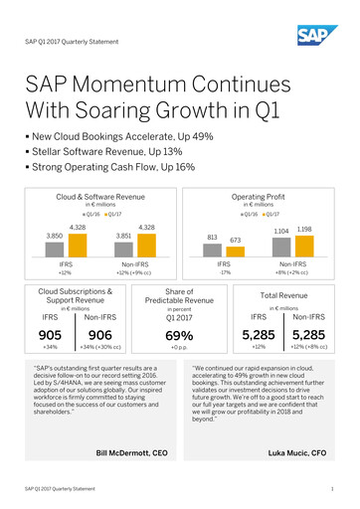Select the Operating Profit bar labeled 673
pos(236,253)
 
